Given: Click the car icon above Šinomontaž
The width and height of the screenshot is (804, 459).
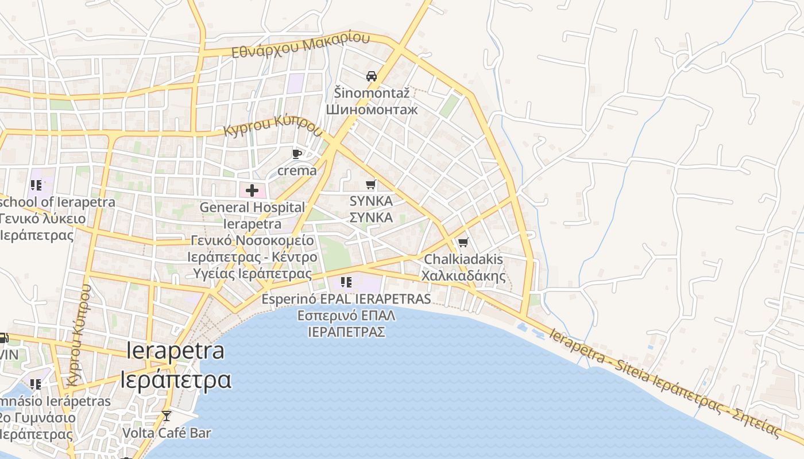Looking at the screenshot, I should point(372,76).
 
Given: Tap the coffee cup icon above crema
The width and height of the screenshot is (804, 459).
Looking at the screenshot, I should point(297,154).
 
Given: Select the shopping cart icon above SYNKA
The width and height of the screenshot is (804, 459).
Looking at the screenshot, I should point(372,184).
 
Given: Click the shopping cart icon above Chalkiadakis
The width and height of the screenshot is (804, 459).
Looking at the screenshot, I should point(463,242).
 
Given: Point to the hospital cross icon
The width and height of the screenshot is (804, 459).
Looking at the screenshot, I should point(252,190).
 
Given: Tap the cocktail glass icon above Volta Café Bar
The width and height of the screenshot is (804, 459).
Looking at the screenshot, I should point(167,415).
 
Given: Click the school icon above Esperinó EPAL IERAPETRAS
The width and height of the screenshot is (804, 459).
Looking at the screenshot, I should point(346,282).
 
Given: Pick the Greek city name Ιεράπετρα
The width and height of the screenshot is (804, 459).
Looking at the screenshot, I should point(176,379).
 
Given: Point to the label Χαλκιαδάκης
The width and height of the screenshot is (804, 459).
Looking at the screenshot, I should point(463,276).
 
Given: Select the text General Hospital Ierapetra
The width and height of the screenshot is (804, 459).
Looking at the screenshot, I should point(252,215).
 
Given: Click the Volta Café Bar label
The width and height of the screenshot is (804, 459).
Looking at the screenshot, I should point(167,433).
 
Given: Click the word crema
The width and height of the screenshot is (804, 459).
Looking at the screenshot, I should point(297,170).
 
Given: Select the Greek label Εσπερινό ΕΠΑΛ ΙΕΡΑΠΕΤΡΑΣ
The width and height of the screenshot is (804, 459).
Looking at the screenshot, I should point(346,324).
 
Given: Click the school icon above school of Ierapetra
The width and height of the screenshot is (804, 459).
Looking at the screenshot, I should point(36,185).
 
